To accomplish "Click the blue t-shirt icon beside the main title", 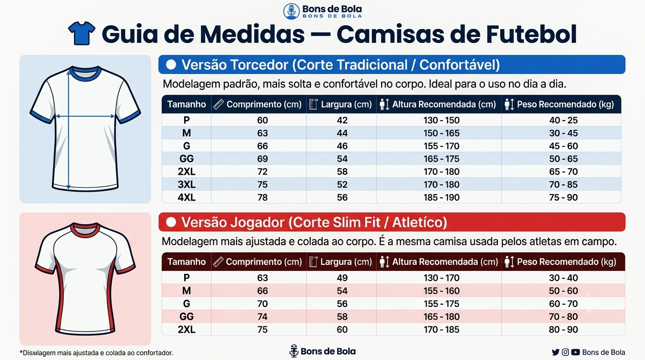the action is point(82,33).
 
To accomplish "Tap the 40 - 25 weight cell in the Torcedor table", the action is point(563,120).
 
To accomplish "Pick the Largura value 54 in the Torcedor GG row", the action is point(342,159).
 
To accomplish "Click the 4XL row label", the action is point(187,197).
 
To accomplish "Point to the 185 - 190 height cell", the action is point(442,197).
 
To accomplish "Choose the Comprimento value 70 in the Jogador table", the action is point(262,304).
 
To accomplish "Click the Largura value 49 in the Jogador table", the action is point(342,277).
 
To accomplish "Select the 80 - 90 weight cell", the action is point(563,330).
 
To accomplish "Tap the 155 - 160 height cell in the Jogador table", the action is point(442,291).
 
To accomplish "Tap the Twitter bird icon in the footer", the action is point(555,352).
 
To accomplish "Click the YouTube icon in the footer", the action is point(575,352).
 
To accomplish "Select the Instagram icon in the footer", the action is point(565,352).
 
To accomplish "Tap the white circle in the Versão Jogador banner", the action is point(171,222).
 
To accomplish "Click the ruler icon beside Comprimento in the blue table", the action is point(218,104).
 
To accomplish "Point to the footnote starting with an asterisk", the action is point(96,353).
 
